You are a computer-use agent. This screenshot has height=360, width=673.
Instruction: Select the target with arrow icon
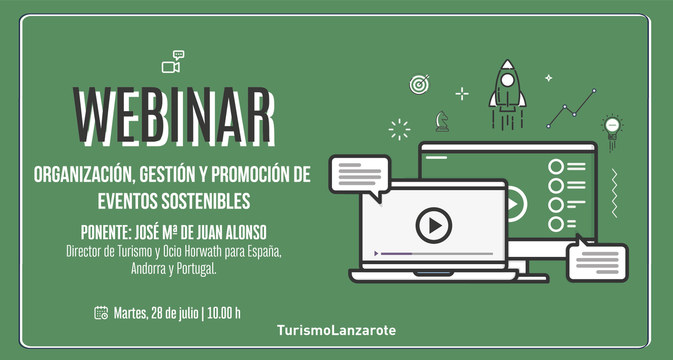pos(419,84)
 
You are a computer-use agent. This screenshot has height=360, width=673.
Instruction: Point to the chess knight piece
pos(442,121)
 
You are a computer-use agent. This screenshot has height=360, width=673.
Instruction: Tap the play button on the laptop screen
pos(433,225)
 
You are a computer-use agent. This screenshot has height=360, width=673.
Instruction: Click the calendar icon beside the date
pos(101,313)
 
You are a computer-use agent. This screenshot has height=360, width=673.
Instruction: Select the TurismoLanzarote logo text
pos(336,330)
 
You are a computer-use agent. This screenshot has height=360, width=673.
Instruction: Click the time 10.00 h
pos(224,313)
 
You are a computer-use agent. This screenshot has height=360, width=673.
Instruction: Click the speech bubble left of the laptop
pos(359,173)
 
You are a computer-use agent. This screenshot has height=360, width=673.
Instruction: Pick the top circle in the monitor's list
pos(556,167)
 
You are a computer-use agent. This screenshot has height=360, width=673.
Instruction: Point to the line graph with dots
pos(571,108)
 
